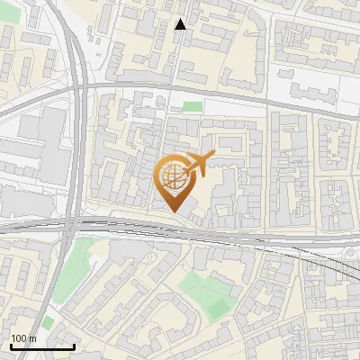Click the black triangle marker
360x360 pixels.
click(180, 24)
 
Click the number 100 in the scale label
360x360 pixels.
click(19, 339)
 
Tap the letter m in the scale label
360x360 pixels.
click(32, 339)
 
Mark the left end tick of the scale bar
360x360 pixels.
click(10, 346)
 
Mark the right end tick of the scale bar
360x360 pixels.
click(75, 346)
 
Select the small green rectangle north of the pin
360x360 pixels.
click(192, 106)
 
